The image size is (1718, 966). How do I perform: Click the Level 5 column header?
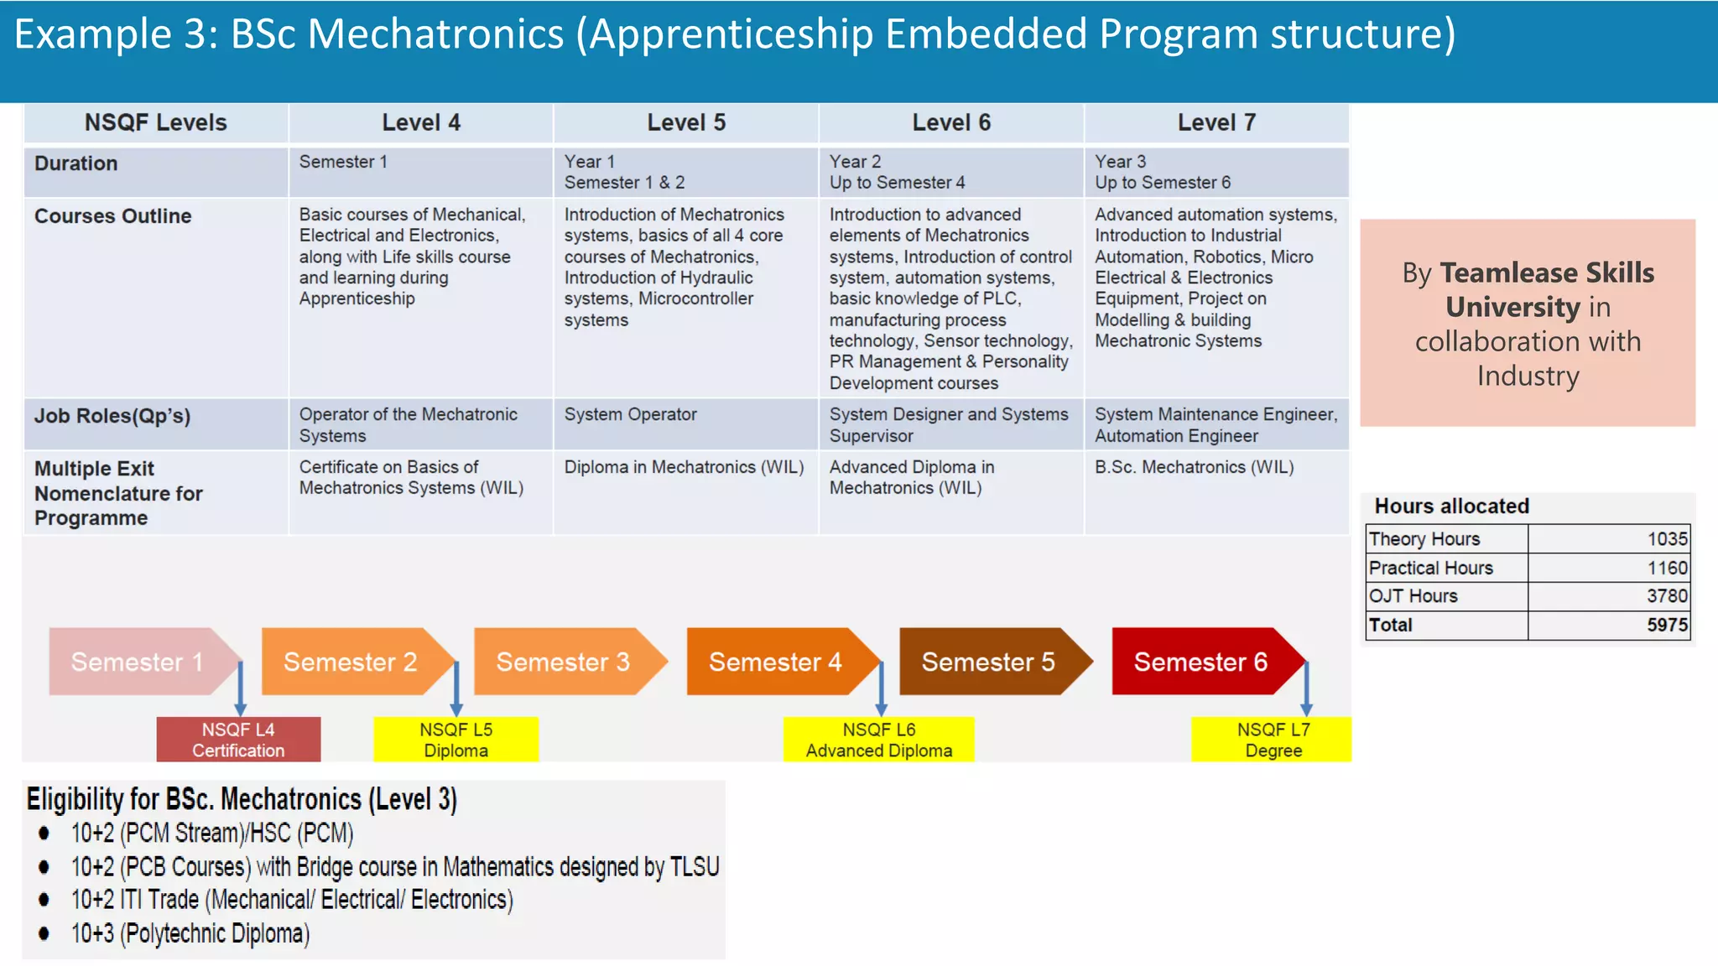[x=686, y=122]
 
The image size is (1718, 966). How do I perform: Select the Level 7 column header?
[x=1216, y=122]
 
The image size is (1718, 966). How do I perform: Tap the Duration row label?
[x=75, y=164]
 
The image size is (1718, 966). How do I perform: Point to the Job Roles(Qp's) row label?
[x=112, y=416]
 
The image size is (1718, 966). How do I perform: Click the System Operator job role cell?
[x=630, y=414]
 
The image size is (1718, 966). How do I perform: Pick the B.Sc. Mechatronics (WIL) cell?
[x=1194, y=467]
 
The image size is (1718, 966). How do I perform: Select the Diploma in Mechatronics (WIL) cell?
[x=684, y=467]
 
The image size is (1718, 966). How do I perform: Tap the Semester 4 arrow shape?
[x=776, y=662]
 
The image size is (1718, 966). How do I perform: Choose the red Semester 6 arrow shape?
[x=1201, y=662]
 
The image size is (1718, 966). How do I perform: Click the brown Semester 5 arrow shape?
[x=988, y=662]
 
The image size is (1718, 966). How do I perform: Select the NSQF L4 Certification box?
[x=238, y=740]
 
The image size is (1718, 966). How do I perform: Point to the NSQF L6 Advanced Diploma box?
[x=878, y=740]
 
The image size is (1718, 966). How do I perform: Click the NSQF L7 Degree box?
[x=1273, y=740]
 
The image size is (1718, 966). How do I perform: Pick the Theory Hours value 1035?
[x=1667, y=539]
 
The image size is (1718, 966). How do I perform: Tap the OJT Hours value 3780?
[x=1667, y=596]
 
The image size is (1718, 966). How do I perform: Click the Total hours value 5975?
[x=1667, y=626]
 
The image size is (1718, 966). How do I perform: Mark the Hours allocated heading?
[x=1451, y=506]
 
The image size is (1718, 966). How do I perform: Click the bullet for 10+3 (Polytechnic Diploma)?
[x=44, y=933]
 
